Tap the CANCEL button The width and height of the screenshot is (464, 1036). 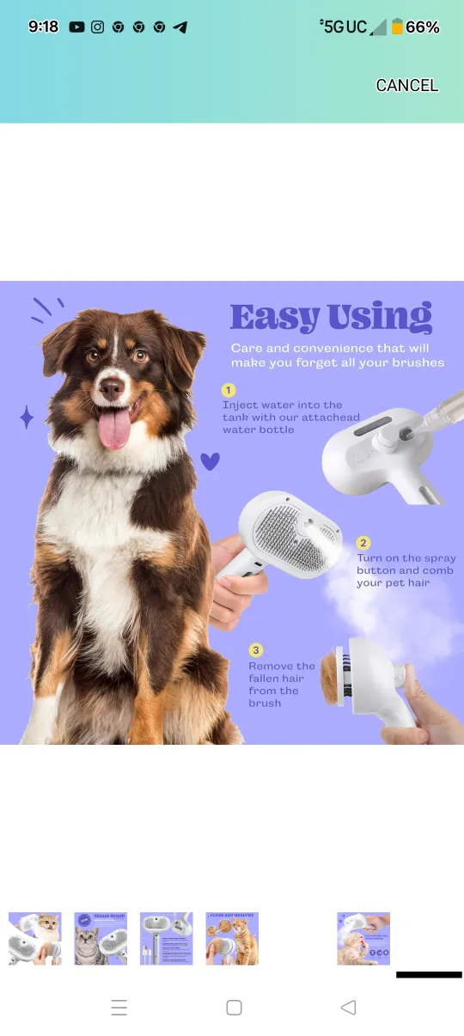[x=406, y=85]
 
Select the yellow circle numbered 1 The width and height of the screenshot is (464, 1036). [x=229, y=389]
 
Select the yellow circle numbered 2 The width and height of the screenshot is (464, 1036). [x=363, y=542]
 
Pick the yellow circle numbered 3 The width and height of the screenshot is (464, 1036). [x=255, y=650]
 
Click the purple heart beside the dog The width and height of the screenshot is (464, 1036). [x=210, y=461]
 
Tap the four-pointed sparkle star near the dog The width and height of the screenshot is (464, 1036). [x=27, y=417]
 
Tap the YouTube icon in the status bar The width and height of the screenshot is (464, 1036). [x=76, y=27]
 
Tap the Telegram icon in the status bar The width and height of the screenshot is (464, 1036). [x=180, y=27]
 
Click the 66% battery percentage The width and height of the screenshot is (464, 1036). [x=422, y=27]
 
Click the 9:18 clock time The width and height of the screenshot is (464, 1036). [x=43, y=27]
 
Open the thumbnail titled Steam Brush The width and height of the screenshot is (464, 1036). [x=101, y=938]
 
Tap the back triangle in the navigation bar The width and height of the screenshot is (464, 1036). [x=348, y=1008]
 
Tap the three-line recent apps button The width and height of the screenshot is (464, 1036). [x=119, y=1008]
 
